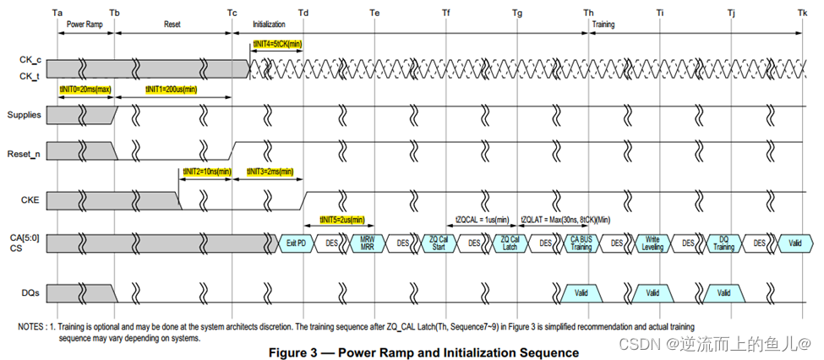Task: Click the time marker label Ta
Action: (x=57, y=13)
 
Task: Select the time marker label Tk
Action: (x=802, y=13)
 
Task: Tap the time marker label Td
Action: (x=303, y=13)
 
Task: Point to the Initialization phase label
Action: (x=269, y=25)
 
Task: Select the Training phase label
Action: (x=603, y=25)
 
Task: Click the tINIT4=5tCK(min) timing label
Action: (x=277, y=44)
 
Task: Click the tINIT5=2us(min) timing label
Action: (x=342, y=220)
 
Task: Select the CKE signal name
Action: (x=30, y=200)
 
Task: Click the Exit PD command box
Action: (x=296, y=243)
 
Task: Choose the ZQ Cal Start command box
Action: (x=438, y=243)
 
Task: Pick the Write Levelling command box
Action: (x=652, y=243)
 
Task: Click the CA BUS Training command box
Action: (x=581, y=243)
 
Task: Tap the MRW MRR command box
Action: (x=367, y=243)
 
